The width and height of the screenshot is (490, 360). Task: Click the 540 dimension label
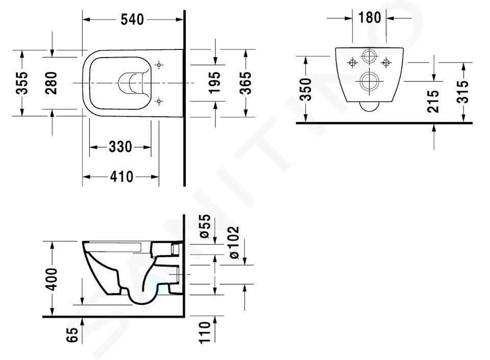pos(132,20)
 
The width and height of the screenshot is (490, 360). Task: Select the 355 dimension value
pos(22,83)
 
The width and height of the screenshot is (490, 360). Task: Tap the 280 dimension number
pos(51,83)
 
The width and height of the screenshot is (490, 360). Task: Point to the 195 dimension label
pos(214,83)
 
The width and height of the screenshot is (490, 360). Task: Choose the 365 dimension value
pos(246,83)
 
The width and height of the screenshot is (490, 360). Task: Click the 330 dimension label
pos(120,147)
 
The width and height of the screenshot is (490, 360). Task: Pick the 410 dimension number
pos(121,177)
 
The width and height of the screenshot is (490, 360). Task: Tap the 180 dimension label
pos(370,17)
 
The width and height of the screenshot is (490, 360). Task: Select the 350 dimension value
pos(306,90)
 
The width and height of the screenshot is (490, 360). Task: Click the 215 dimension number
pos(433,101)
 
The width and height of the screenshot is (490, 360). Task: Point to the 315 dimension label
pos(463,92)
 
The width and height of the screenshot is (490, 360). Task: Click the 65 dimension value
pos(72,335)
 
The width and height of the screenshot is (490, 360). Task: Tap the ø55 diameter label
pos(205,226)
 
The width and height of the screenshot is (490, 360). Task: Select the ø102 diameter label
pos(234,243)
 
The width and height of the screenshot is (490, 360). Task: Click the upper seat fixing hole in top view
pos(159,65)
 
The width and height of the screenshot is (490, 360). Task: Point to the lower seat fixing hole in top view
pos(159,101)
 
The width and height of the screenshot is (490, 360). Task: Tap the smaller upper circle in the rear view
pos(370,57)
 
